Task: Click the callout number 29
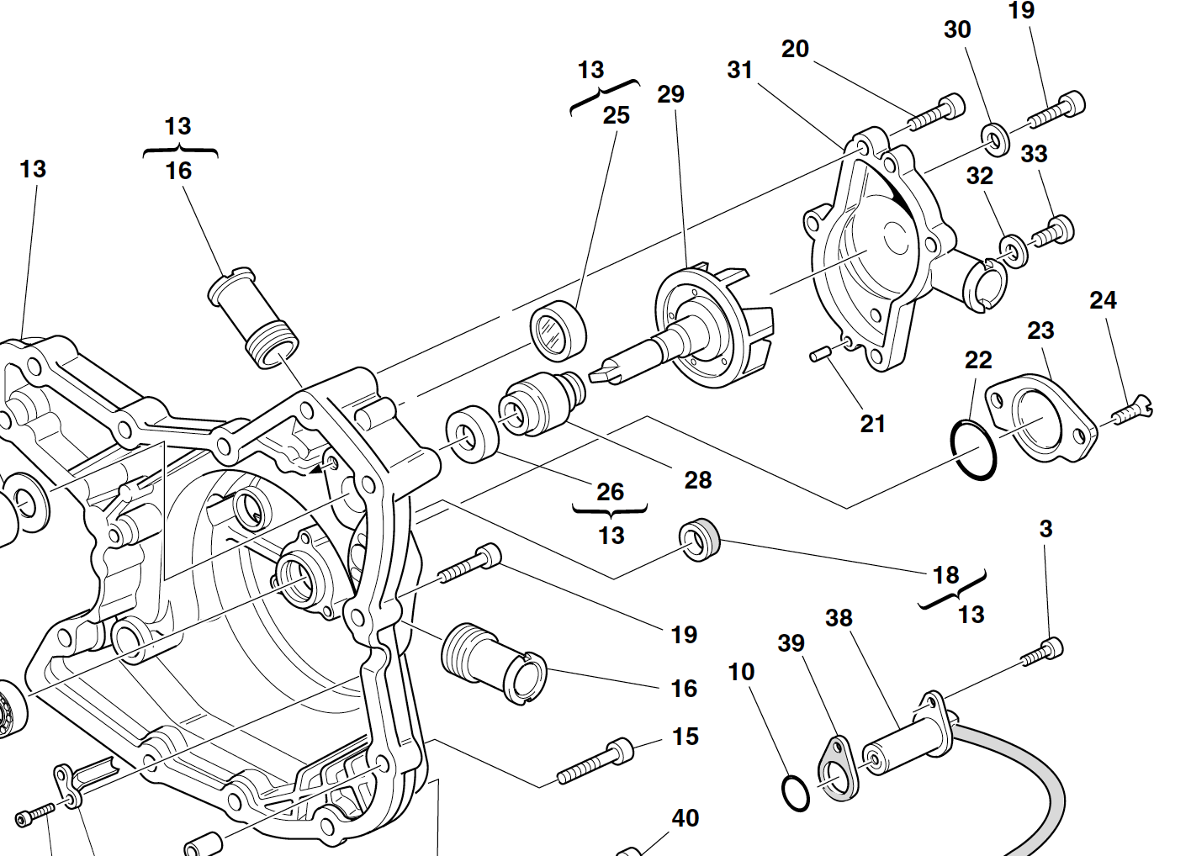click(x=670, y=94)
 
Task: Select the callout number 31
click(x=739, y=70)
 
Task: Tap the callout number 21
click(x=872, y=424)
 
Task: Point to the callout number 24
click(x=1103, y=300)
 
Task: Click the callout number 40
click(x=685, y=818)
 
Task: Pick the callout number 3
click(x=1045, y=529)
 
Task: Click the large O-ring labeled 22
click(x=973, y=451)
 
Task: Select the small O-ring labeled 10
click(x=795, y=792)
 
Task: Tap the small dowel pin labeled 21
click(x=820, y=355)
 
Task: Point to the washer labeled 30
click(x=996, y=139)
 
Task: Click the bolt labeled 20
click(x=936, y=114)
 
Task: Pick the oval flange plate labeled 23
click(x=1041, y=418)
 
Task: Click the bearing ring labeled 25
click(x=558, y=329)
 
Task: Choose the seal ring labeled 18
click(x=700, y=540)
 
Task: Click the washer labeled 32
click(x=1014, y=250)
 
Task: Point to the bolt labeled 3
click(x=1043, y=653)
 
